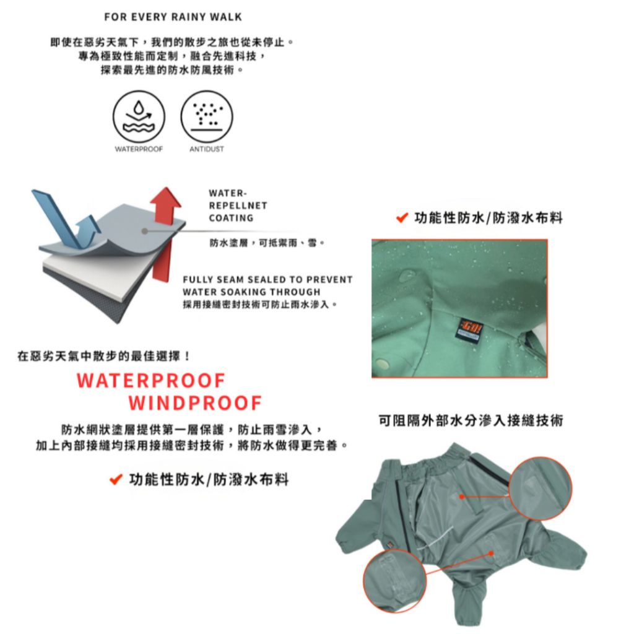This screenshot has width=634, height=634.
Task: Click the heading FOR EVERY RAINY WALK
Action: tap(173, 17)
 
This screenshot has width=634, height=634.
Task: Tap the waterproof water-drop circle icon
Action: tap(139, 116)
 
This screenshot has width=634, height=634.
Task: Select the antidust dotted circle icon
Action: tap(207, 116)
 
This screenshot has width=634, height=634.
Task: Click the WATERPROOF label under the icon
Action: tap(139, 149)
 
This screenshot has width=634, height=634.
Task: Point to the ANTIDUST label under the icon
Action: tap(207, 149)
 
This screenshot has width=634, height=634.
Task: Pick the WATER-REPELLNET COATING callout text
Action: tap(238, 206)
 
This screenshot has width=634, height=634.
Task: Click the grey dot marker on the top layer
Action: tap(145, 232)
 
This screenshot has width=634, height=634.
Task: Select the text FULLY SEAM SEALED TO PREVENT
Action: tap(267, 279)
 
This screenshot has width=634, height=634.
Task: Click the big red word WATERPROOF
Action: tap(151, 381)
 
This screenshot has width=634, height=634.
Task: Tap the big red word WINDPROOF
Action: tap(195, 402)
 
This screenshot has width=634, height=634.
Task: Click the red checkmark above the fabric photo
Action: tap(402, 218)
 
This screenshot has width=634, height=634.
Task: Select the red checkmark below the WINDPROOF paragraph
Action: tap(116, 480)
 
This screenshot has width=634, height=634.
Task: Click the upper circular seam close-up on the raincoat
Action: tap(540, 488)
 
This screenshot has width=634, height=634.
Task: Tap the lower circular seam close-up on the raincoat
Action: tap(394, 581)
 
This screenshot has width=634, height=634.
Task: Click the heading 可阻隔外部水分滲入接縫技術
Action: tap(471, 420)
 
